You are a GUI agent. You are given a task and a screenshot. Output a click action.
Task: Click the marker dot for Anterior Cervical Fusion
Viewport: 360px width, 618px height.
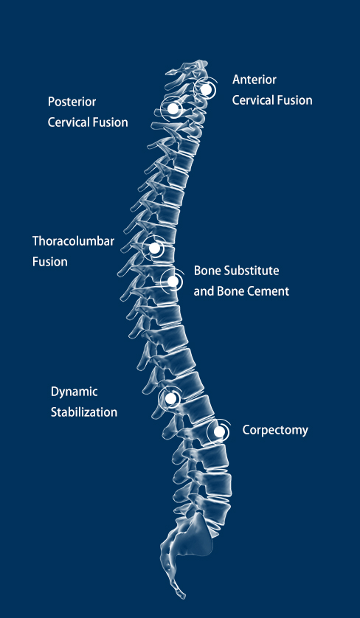pyautogui.click(x=205, y=89)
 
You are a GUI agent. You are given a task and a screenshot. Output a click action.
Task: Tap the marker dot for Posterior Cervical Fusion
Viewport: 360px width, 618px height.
pyautogui.click(x=173, y=108)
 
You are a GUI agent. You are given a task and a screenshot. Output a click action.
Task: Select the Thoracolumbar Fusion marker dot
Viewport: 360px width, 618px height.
pyautogui.click(x=155, y=249)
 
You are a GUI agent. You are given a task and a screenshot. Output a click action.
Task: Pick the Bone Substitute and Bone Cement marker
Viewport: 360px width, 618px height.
pyautogui.click(x=173, y=281)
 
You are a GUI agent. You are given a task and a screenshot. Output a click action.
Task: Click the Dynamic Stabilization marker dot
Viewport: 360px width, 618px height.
pyautogui.click(x=170, y=398)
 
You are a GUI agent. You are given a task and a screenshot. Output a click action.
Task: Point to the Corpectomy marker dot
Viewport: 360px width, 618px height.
pyautogui.click(x=219, y=431)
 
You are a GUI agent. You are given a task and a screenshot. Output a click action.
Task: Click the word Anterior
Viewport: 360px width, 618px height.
pyautogui.click(x=255, y=80)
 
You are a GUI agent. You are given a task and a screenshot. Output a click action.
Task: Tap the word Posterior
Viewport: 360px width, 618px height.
pyautogui.click(x=72, y=102)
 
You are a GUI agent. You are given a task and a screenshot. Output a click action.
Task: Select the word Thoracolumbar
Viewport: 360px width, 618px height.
pyautogui.click(x=73, y=241)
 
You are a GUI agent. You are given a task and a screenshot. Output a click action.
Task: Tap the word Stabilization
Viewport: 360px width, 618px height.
pyautogui.click(x=84, y=412)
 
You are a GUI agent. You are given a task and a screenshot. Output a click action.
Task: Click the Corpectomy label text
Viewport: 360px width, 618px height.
pyautogui.click(x=275, y=430)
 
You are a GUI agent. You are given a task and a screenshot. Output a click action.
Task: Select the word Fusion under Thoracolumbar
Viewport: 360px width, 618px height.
pyautogui.click(x=50, y=262)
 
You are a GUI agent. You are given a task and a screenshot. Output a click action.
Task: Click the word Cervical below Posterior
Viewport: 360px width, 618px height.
pyautogui.click(x=69, y=122)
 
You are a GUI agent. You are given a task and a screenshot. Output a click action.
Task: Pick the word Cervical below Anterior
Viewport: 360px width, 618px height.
pyautogui.click(x=253, y=100)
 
